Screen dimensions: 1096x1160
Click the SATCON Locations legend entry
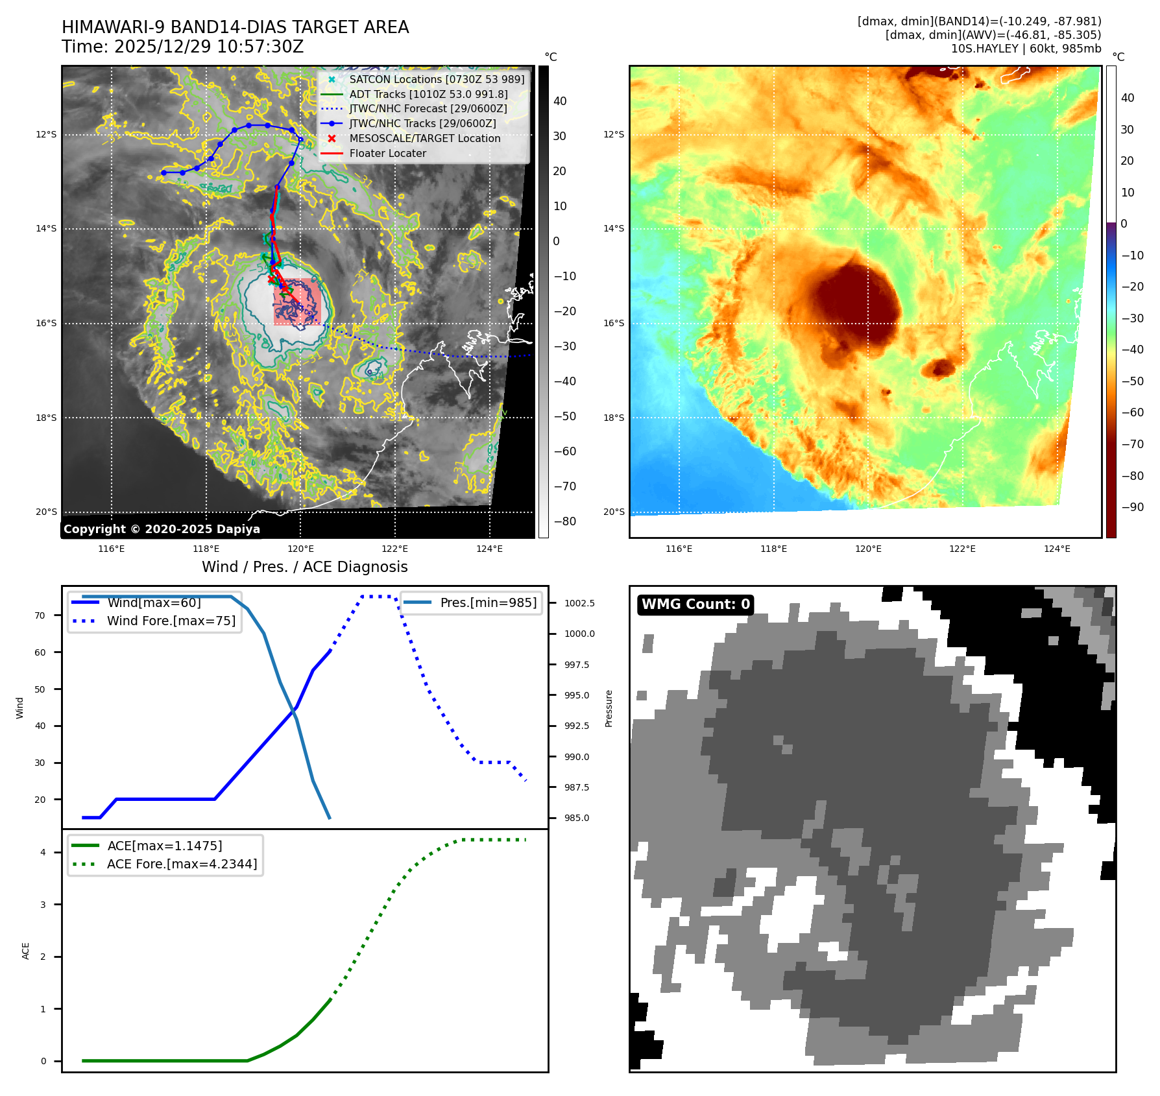click(x=436, y=79)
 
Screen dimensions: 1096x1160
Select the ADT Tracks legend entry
click(x=428, y=94)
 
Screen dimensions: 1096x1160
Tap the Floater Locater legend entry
click(x=387, y=153)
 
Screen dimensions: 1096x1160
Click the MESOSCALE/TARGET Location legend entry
click(x=424, y=138)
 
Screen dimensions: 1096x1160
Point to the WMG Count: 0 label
click(x=695, y=604)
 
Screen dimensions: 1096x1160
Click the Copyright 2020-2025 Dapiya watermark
click(x=162, y=529)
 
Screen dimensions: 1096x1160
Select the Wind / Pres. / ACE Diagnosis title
click(x=305, y=567)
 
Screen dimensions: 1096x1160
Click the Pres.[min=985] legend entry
click(x=488, y=602)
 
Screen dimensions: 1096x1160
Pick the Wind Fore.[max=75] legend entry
click(x=171, y=621)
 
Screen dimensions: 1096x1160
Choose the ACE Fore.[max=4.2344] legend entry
click(x=182, y=864)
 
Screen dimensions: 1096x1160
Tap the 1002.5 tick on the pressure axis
click(x=579, y=603)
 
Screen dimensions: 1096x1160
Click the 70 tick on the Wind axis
click(x=40, y=615)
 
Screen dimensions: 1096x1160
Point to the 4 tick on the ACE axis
click(x=43, y=852)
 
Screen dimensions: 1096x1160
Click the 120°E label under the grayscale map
click(x=300, y=549)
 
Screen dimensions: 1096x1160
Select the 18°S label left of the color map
click(x=614, y=418)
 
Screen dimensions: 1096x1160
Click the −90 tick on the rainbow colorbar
click(x=1133, y=507)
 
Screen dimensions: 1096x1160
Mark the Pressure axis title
click(x=609, y=708)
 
